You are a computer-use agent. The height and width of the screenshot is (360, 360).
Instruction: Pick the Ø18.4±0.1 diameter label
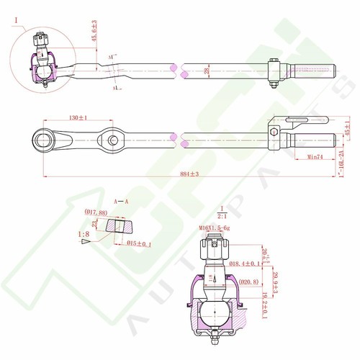pyautogui.click(x=245, y=264)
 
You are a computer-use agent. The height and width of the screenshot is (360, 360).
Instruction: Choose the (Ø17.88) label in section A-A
pyautogui.click(x=96, y=212)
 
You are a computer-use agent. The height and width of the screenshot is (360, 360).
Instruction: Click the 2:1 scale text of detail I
pyautogui.click(x=221, y=215)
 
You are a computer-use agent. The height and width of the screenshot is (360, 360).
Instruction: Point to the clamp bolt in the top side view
pyautogui.click(x=272, y=73)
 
